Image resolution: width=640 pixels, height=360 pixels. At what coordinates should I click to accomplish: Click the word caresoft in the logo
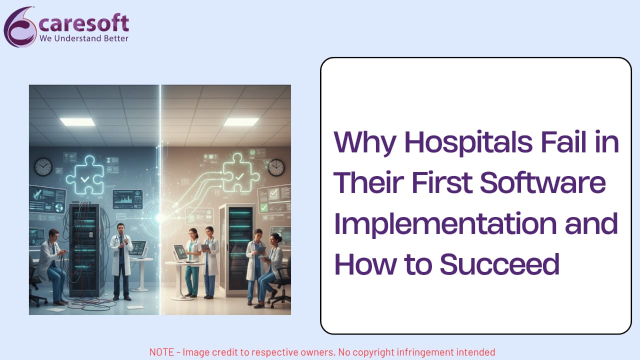83,23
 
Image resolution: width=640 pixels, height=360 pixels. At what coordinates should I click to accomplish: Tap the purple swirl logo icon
20,27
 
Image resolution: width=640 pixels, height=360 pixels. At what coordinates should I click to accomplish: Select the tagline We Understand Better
83,38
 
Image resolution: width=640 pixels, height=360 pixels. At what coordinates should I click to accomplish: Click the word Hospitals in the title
468,142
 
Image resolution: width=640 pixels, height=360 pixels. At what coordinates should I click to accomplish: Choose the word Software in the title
543,182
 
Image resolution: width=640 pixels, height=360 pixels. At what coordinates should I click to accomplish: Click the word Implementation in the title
445,225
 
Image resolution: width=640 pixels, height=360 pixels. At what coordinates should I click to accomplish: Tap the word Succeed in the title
499,264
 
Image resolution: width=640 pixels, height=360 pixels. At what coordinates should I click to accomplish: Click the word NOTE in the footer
161,352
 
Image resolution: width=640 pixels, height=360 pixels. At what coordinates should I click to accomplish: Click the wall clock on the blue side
43,167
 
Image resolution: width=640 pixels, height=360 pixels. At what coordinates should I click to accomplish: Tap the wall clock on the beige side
276,167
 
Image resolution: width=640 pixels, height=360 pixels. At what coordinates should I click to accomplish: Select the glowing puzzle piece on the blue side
85,175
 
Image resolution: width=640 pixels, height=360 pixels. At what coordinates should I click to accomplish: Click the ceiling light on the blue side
77,121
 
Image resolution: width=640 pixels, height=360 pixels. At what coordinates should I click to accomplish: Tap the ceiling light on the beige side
241,121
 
